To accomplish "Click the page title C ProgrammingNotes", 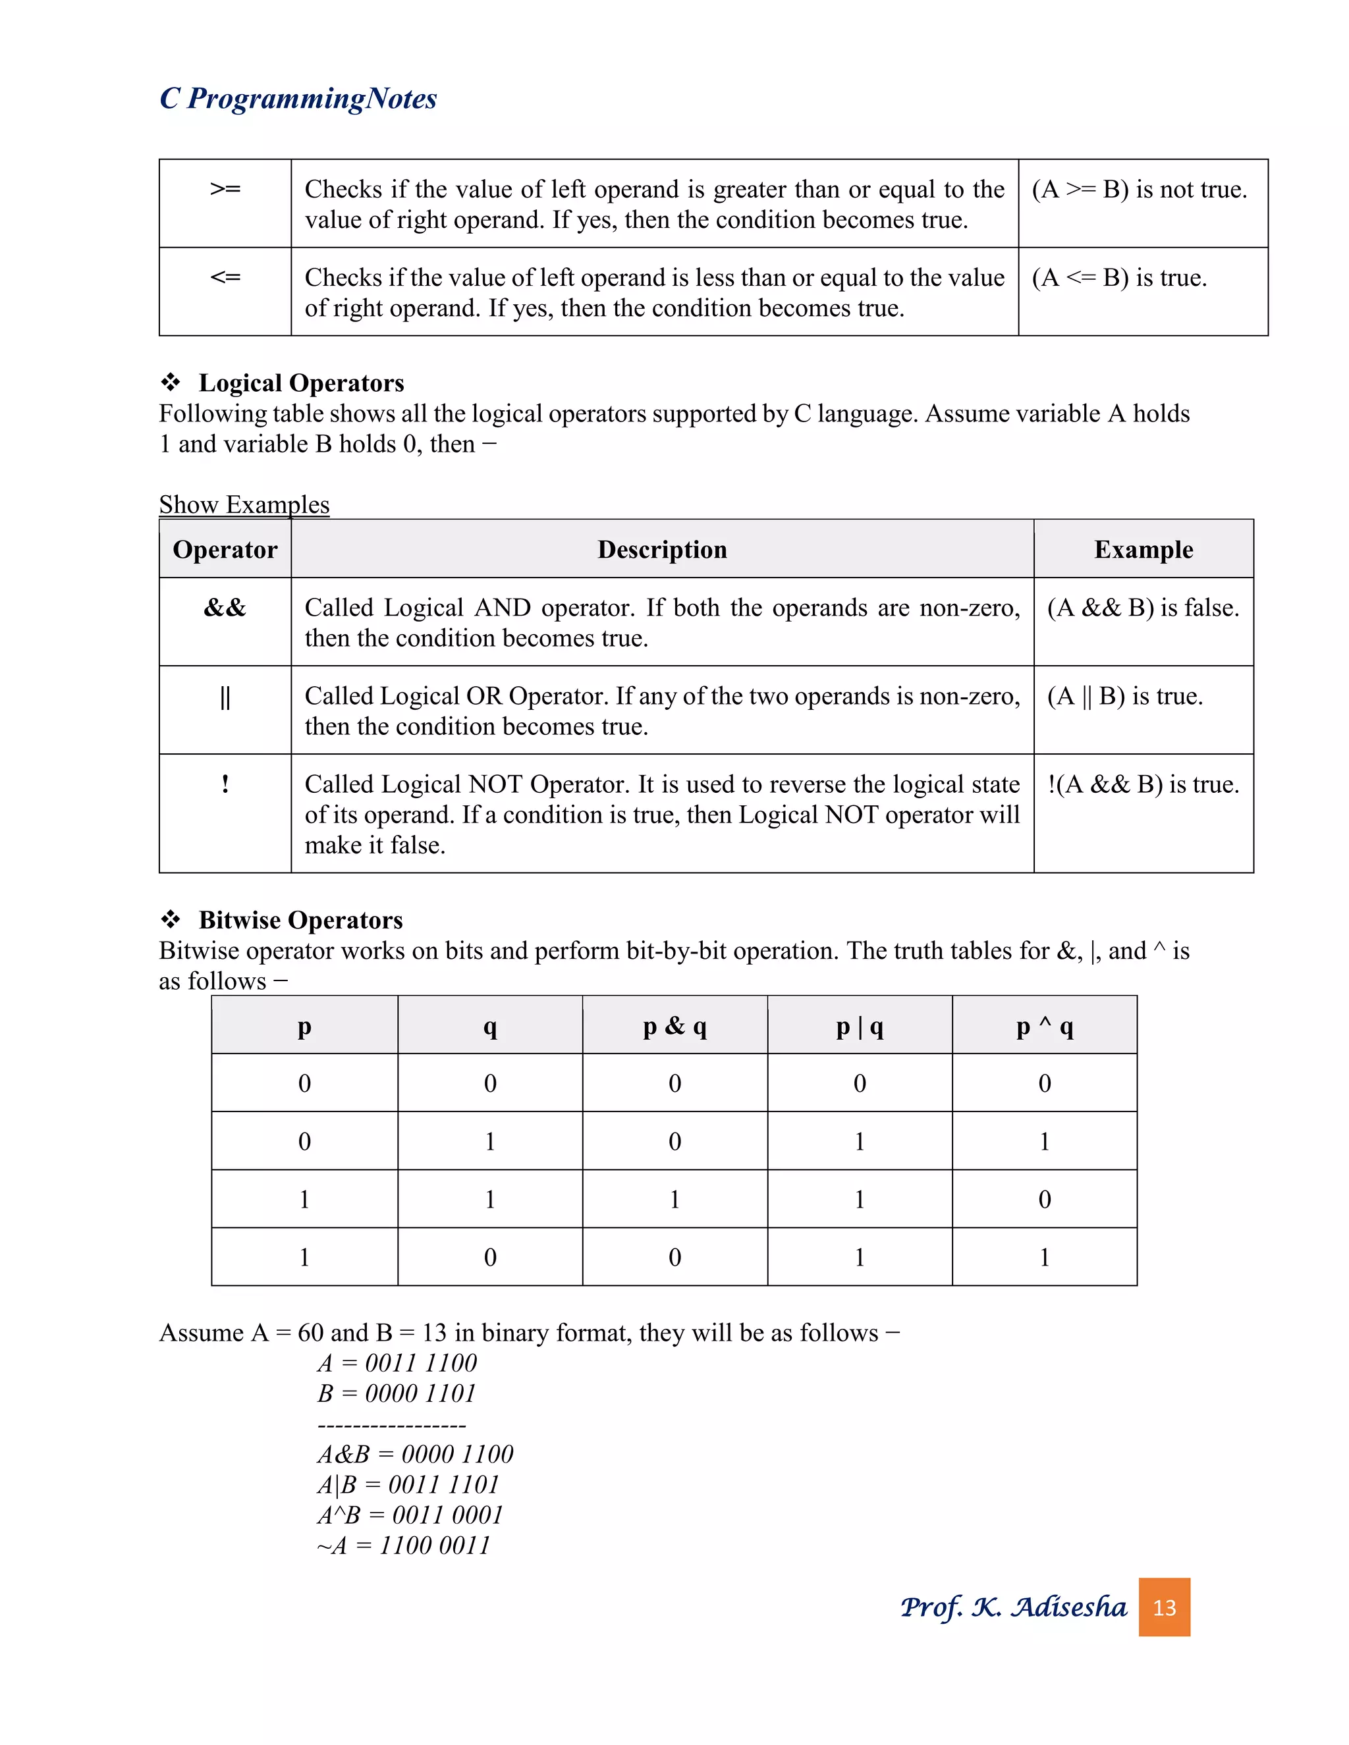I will click(x=298, y=98).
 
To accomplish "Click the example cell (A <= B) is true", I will click(x=1119, y=277).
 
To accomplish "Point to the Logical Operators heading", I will click(x=300, y=383).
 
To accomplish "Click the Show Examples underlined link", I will click(x=244, y=504).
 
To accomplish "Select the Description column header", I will click(x=662, y=550).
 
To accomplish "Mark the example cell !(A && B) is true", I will click(x=1143, y=785).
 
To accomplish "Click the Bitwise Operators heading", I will click(x=300, y=920).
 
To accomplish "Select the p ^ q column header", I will click(x=1044, y=1026).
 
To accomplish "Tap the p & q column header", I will click(x=674, y=1026).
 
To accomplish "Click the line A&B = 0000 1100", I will click(x=416, y=1454).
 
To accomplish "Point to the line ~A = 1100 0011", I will click(x=404, y=1545).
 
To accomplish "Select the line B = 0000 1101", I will click(x=397, y=1393).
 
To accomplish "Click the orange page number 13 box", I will click(x=1164, y=1607).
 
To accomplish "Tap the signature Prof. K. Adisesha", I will click(x=1013, y=1607).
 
